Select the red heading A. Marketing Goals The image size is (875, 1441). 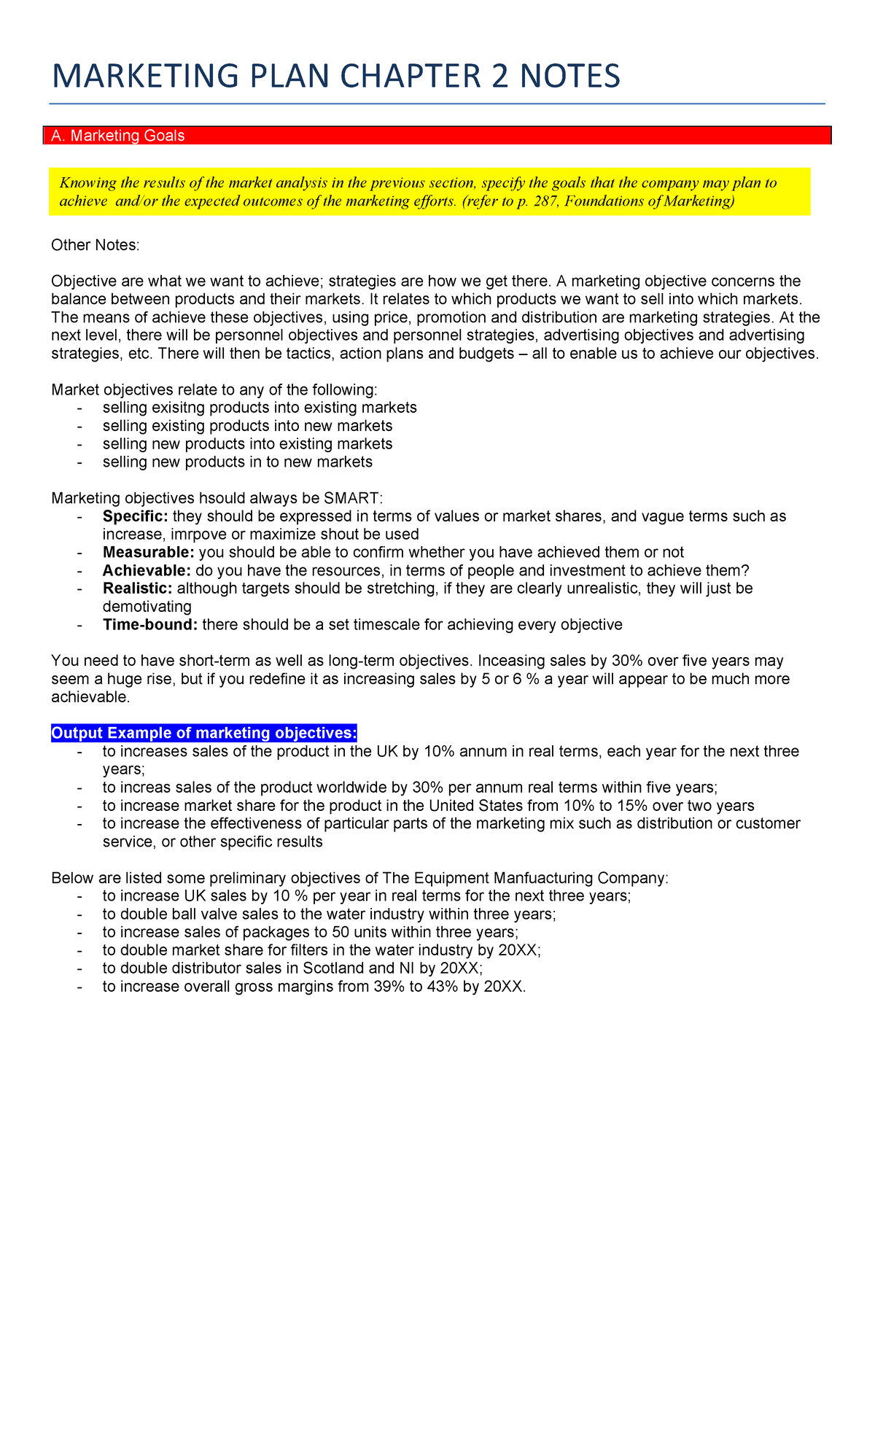pos(117,136)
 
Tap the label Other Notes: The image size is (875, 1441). pos(95,245)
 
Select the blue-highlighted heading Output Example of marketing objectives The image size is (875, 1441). pos(204,733)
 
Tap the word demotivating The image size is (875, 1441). pos(147,607)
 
